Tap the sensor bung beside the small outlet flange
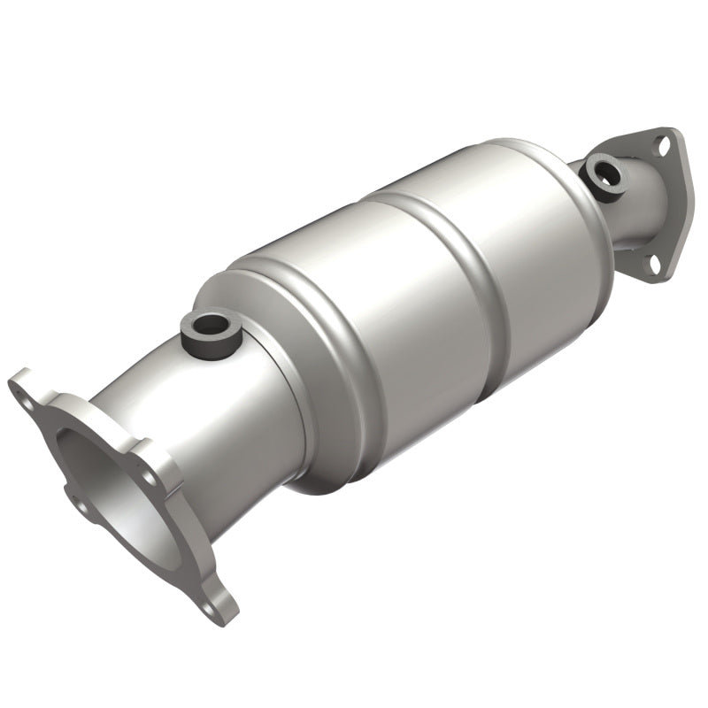click(610, 173)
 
